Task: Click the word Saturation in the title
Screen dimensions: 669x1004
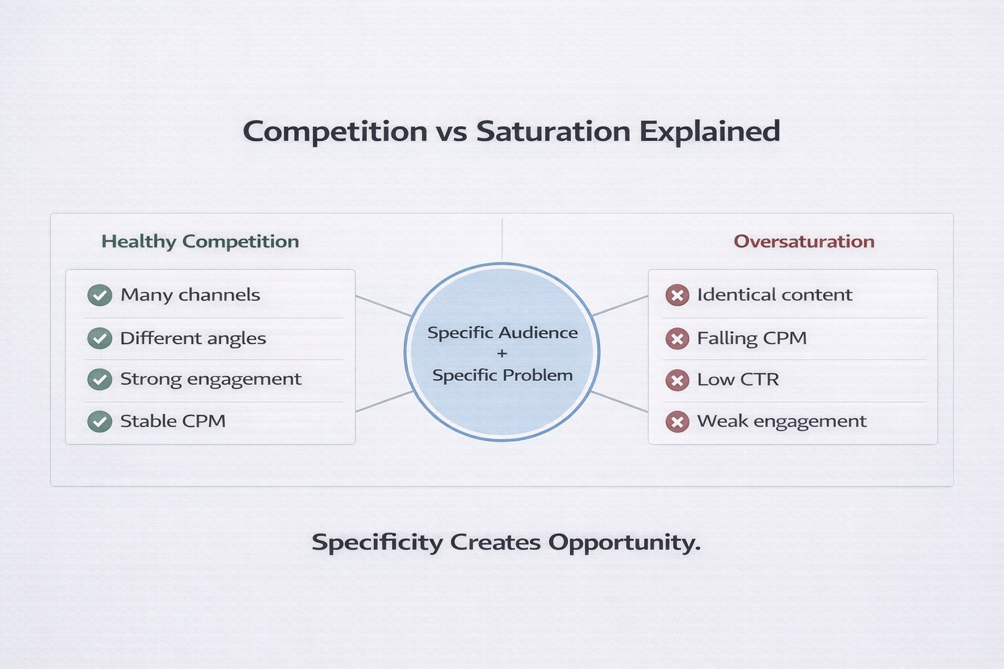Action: (x=553, y=131)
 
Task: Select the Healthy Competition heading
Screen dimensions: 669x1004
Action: (x=200, y=242)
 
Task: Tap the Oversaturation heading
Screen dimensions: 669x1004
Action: (x=803, y=242)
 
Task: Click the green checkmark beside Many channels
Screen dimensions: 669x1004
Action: (x=99, y=295)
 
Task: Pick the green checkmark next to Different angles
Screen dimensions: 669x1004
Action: (x=99, y=338)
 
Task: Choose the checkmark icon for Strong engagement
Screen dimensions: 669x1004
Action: (x=99, y=380)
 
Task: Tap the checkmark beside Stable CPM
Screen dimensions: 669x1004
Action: (x=99, y=421)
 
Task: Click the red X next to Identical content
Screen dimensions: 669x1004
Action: (x=677, y=295)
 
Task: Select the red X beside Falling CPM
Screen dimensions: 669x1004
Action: (x=677, y=338)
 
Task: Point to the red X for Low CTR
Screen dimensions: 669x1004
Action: (x=677, y=380)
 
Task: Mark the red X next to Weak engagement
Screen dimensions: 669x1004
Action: (x=677, y=422)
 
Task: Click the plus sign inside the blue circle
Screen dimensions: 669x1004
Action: (x=502, y=353)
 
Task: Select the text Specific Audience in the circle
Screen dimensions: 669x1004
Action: (x=502, y=333)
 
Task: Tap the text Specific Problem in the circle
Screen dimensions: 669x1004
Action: (x=502, y=375)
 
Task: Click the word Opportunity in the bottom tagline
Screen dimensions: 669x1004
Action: (x=624, y=543)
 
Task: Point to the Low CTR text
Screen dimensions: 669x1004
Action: (x=737, y=380)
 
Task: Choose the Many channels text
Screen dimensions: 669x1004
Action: (x=190, y=295)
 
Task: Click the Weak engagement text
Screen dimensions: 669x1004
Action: (x=781, y=421)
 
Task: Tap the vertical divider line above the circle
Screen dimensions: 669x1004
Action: (x=502, y=239)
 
